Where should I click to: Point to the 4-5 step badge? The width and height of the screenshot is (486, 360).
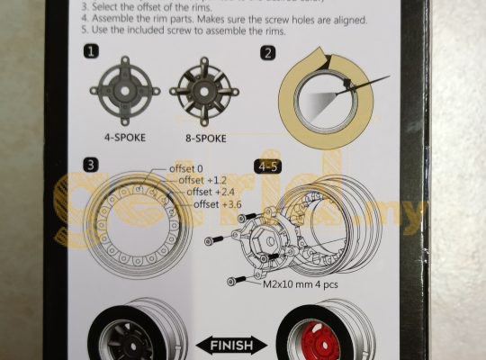[268, 166]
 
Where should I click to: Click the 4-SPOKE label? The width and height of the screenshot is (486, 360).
[124, 139]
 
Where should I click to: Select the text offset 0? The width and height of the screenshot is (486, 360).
[187, 169]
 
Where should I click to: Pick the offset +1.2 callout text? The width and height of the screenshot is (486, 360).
[204, 181]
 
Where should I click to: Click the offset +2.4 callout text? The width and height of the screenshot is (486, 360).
[213, 193]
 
